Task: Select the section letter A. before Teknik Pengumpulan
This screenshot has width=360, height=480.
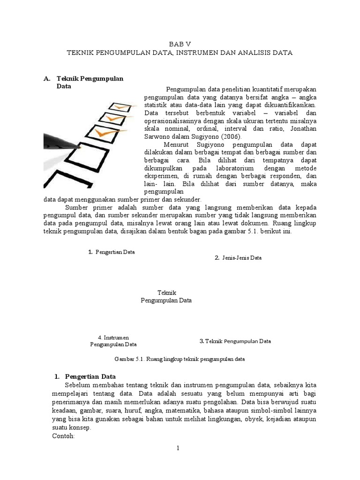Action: [47, 79]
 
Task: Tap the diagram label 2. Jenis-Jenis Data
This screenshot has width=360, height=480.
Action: [238, 258]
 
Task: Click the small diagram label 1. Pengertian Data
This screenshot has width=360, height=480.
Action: [112, 252]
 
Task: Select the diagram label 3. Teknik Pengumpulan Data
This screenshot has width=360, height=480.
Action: [235, 341]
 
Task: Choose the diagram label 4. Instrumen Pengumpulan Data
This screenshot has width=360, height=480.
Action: [113, 341]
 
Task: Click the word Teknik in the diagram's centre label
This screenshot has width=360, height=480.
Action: [166, 292]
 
